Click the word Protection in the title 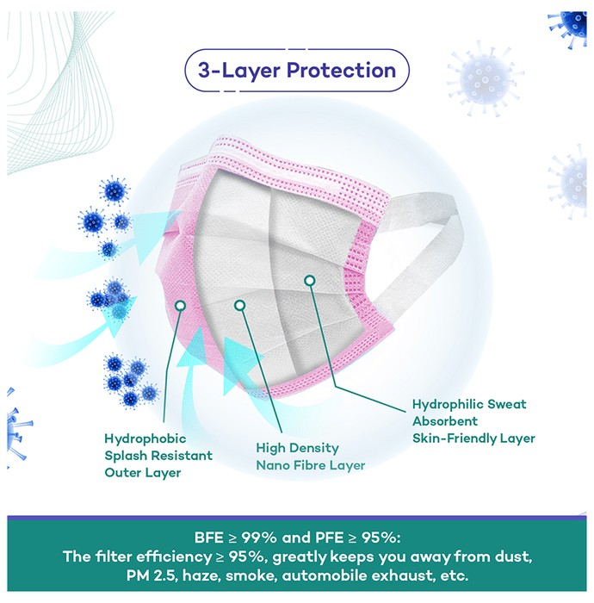coord(341,71)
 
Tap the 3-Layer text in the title coord(239,71)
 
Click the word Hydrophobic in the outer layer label coord(145,438)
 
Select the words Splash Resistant coord(158,456)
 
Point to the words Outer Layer coord(143,473)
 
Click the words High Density coord(297,448)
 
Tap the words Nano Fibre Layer coord(311,465)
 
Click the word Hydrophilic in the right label coord(448,405)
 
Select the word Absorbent coord(445,421)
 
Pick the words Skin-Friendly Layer coord(473,438)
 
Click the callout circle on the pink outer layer coord(180,306)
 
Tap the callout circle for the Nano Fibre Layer coord(239,306)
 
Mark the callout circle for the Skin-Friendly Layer coord(310,281)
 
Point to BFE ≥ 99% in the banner coord(236,538)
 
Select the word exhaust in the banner coord(402,576)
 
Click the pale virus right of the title coord(485,79)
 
